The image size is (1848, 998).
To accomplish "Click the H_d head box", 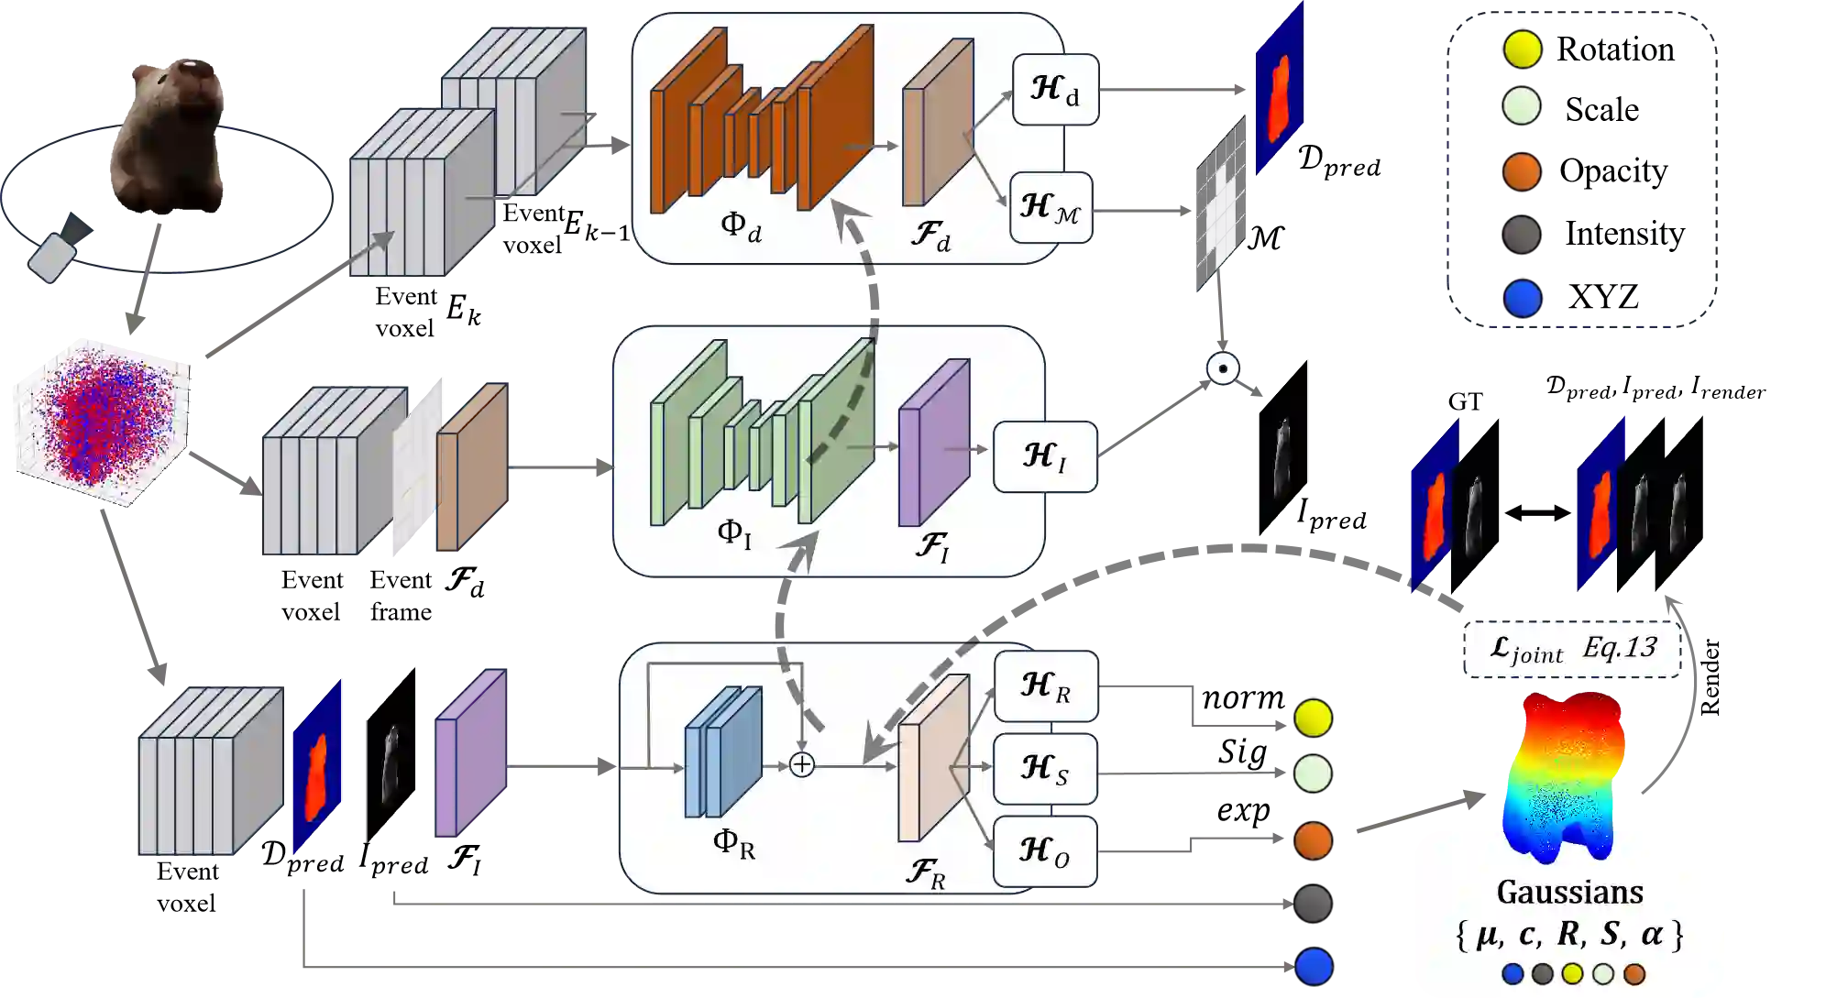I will point(1055,90).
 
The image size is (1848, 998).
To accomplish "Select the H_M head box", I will point(1050,207).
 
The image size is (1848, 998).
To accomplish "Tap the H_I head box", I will point(1045,456).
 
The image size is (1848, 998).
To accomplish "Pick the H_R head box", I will point(1046,685).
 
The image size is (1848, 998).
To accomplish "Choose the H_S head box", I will point(1046,768).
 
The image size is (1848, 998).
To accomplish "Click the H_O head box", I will point(1046,850).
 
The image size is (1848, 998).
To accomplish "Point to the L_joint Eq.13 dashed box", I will point(1573,649).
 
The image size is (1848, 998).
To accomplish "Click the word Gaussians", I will point(1569,892).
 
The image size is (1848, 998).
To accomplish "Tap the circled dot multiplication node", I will point(1223,368).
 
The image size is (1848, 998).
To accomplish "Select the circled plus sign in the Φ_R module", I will point(801,764).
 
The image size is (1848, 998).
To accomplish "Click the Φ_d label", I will point(741,225).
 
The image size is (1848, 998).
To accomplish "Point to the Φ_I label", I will point(734,533).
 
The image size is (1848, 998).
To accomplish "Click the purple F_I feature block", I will point(933,442).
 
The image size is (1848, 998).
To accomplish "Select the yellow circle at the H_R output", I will point(1313,718).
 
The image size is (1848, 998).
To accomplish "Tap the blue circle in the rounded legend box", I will point(1523,298).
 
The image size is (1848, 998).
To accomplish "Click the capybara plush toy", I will point(170,133).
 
